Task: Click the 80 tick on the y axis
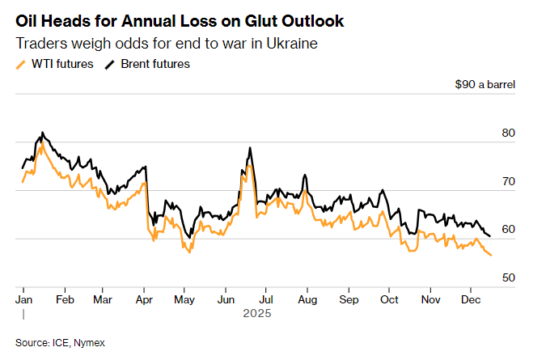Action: [x=508, y=133]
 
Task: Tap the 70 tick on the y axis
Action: [x=508, y=181]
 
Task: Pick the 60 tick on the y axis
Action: [x=508, y=230]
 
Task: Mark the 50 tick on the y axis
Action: [x=508, y=277]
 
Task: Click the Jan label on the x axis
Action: [x=23, y=299]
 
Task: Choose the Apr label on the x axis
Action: [x=145, y=299]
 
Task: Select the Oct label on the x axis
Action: [x=388, y=299]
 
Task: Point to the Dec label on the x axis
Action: [x=472, y=299]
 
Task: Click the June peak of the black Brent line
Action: [x=250, y=148]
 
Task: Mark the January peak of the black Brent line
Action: [x=42, y=132]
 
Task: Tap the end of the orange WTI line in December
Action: [x=491, y=256]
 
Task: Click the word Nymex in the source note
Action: [x=90, y=343]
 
